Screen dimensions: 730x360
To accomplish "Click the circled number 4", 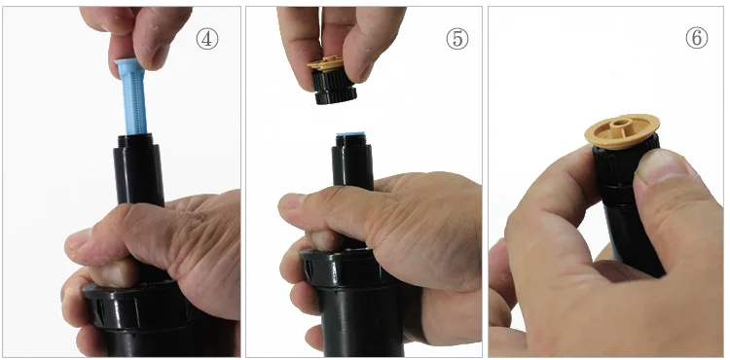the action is (x=206, y=39).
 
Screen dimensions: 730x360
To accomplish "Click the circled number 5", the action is (x=457, y=39).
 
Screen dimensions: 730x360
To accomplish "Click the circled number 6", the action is (x=697, y=38).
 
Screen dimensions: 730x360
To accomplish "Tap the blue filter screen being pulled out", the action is (x=132, y=95).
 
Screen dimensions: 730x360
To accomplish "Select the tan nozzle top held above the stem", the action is (x=326, y=64).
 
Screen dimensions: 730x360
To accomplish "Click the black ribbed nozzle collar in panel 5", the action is (x=334, y=87).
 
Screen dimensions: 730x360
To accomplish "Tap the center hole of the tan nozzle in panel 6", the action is (x=619, y=125).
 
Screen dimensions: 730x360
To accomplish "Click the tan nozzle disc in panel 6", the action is (x=622, y=130).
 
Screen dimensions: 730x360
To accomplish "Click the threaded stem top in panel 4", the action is (x=139, y=139).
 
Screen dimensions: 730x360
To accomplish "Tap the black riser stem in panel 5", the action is (x=352, y=161).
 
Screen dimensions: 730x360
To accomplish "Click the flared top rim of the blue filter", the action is (x=128, y=63).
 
